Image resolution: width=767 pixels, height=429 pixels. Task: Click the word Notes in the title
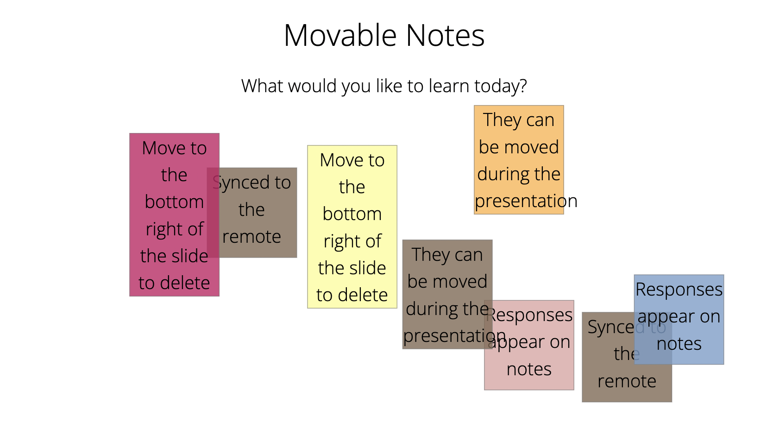tap(445, 35)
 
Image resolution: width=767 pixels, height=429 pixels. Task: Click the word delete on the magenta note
tap(185, 283)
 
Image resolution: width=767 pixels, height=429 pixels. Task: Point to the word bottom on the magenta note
tap(174, 202)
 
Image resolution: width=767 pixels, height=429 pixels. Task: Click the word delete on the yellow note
tap(363, 295)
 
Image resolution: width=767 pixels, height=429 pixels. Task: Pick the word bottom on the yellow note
tap(352, 214)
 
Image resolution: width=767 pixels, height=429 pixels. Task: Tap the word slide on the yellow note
tap(368, 268)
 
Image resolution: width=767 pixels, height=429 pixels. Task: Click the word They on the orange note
tap(500, 120)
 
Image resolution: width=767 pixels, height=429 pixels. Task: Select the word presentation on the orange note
tap(526, 202)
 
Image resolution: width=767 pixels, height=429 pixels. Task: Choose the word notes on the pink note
tap(529, 369)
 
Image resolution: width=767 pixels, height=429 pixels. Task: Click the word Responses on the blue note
tap(679, 290)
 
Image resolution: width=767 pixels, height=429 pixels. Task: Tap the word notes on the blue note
tap(679, 344)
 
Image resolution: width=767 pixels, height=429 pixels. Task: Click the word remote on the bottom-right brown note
tap(627, 381)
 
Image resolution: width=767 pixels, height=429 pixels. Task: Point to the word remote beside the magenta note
tap(251, 237)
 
